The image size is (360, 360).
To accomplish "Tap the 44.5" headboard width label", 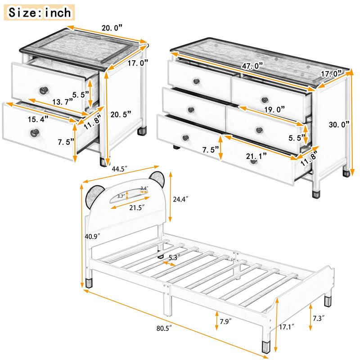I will pos(119,169).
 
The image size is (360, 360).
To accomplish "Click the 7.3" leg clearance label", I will pos(321,318).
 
